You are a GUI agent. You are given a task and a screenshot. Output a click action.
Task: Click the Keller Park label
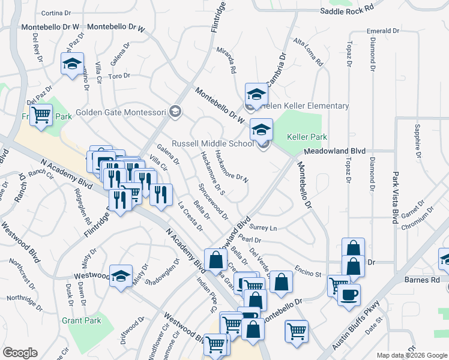307,137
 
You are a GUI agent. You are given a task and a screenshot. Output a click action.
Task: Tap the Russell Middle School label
212,144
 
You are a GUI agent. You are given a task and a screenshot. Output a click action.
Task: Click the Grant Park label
82,320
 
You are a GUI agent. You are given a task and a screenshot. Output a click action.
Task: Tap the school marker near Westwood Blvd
121,275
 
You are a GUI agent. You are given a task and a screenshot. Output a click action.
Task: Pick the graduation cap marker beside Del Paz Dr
72,63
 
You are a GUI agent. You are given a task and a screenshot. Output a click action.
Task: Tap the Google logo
20,353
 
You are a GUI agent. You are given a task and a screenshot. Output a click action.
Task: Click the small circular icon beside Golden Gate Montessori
175,111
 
